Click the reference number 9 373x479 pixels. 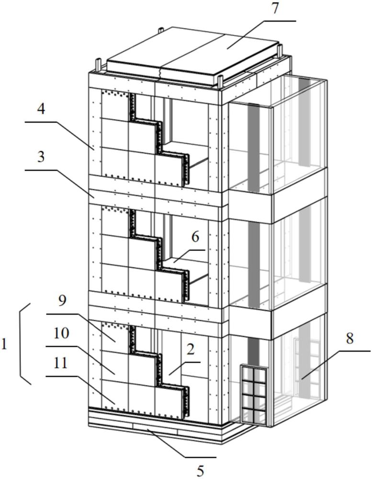click(63, 301)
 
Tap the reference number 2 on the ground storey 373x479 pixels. click(191, 349)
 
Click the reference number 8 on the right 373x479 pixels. click(350, 339)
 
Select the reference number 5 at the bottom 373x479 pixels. click(200, 470)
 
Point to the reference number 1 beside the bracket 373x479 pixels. click(5, 344)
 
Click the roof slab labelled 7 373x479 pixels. click(192, 57)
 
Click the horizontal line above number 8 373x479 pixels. click(350, 351)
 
